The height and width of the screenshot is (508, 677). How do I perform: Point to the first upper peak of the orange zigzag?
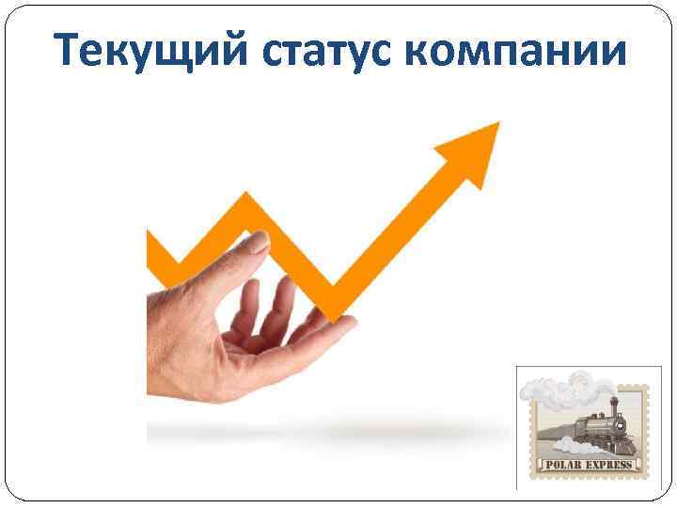pyautogui.click(x=247, y=201)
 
